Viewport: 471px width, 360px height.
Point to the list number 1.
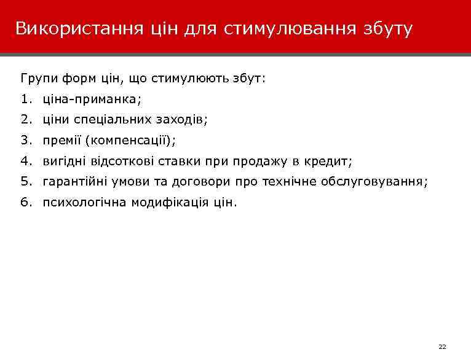coord(25,98)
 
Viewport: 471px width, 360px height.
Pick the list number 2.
coord(25,120)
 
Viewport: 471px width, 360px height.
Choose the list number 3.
coord(25,141)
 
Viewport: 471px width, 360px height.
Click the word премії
coord(62,141)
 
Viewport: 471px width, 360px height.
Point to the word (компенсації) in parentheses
coord(130,141)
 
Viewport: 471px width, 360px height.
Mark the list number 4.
coord(25,162)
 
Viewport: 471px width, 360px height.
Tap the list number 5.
coord(25,182)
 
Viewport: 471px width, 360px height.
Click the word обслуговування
coord(378,182)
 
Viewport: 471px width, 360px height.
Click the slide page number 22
coord(441,348)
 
